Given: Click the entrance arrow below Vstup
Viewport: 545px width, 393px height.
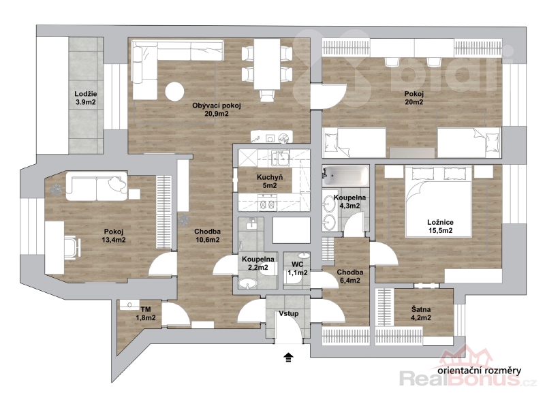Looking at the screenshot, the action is (x=288, y=358).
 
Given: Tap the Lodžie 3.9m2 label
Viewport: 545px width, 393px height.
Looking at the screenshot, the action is (x=86, y=98).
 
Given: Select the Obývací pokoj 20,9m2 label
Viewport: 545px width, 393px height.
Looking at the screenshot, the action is (x=216, y=110).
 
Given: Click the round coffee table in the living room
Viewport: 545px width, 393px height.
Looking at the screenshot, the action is (x=174, y=91).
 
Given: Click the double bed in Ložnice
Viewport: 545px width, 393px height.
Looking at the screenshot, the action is (x=439, y=202).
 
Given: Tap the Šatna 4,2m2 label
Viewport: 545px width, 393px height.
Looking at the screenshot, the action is (x=421, y=313).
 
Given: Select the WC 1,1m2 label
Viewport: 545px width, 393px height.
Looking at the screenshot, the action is (x=297, y=268).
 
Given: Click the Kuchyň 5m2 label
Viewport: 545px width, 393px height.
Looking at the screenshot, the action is (x=269, y=181).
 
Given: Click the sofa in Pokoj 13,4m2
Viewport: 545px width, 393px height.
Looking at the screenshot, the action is (x=97, y=186).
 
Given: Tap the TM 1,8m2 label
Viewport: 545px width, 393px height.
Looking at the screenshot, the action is (x=146, y=313).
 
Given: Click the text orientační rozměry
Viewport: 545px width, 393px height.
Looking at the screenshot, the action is (x=480, y=371).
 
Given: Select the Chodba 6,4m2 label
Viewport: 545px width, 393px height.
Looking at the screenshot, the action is (x=350, y=277).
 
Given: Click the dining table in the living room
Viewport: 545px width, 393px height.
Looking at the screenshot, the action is (x=266, y=64).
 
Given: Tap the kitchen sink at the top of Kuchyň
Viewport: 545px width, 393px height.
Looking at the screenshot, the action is (x=280, y=158).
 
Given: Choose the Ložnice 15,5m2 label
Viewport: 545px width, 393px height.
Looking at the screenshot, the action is (x=440, y=226).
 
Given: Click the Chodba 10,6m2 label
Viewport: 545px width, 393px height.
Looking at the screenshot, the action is (x=207, y=235).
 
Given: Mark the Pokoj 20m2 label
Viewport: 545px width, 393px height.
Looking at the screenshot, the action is (x=414, y=97).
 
